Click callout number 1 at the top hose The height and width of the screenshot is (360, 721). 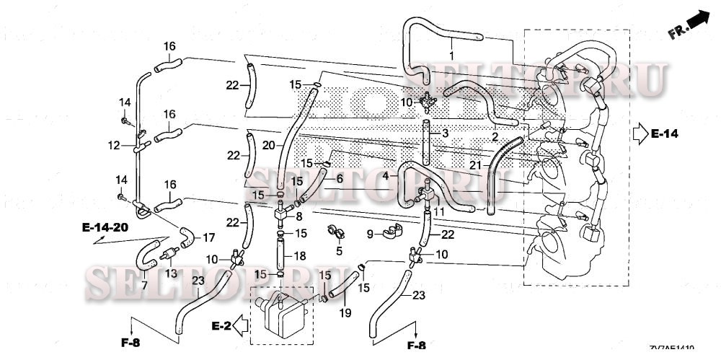click(452, 56)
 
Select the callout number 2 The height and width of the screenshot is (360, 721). click(495, 137)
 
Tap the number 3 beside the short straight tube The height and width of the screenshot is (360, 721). click(446, 134)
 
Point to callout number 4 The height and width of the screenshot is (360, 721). click(385, 175)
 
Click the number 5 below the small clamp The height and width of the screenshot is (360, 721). click(339, 250)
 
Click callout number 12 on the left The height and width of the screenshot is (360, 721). click(113, 146)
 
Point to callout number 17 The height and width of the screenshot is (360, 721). click(208, 237)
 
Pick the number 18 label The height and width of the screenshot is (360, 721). click(301, 255)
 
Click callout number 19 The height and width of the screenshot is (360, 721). click(345, 312)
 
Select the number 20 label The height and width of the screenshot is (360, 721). click(267, 145)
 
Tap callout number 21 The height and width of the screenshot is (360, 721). click(475, 166)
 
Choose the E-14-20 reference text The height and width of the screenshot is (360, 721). click(105, 227)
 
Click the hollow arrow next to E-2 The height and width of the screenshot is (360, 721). click(240, 326)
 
